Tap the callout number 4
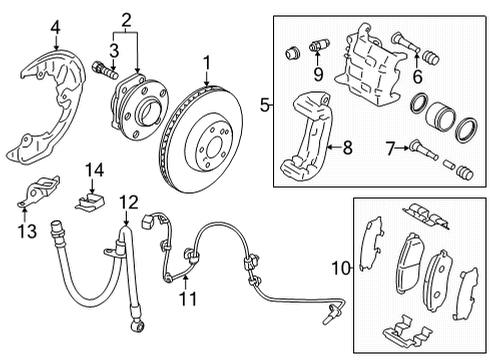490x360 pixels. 28,26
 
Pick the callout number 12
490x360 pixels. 127,203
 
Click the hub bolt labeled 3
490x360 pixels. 104,70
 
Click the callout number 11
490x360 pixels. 183,297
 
